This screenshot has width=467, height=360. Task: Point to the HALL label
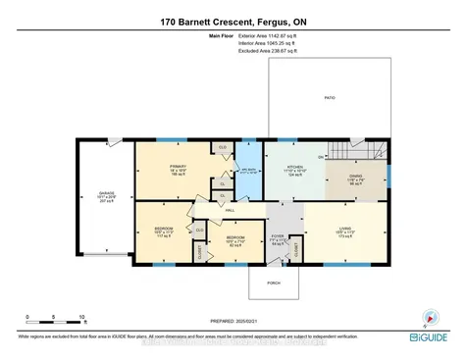229,210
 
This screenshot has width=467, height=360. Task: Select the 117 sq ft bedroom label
162,234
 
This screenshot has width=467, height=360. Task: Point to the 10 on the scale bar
81,317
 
